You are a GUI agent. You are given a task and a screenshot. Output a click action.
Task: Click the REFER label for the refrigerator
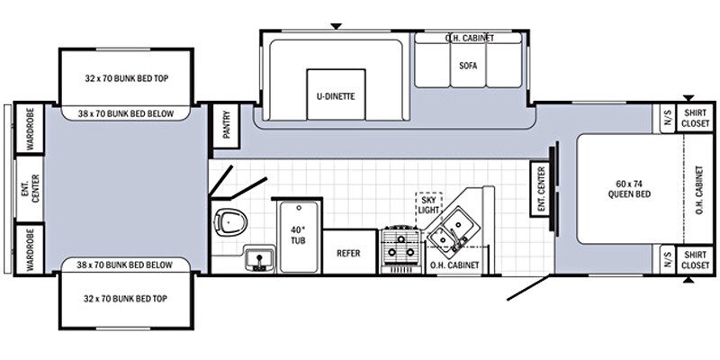348,254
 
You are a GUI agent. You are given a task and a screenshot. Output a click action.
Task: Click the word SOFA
467,66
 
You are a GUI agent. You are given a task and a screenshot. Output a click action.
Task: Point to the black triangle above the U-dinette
336,26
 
